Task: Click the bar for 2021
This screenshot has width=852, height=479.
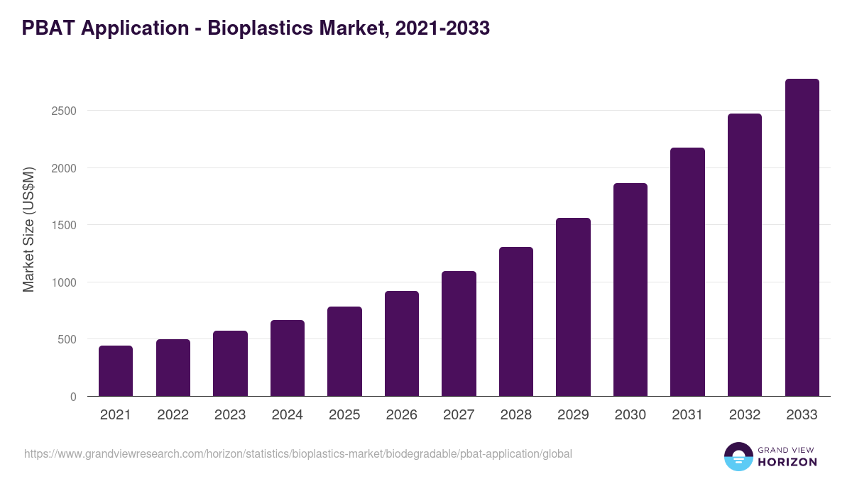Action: [116, 371]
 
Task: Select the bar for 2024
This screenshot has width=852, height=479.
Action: [288, 358]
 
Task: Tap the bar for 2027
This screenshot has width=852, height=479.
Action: [459, 334]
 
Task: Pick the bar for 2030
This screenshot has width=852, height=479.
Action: [630, 290]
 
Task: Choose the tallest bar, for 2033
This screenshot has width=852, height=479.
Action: [802, 238]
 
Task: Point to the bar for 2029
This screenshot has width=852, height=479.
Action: [573, 307]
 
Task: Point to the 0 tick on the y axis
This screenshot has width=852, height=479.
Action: [72, 397]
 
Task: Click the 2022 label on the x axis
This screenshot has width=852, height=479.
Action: [173, 415]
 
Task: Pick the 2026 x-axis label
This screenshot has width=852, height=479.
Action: [402, 415]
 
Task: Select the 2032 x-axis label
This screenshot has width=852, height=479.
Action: [745, 415]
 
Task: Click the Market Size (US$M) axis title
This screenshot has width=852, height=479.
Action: [28, 229]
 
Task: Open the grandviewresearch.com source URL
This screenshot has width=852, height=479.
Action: [297, 453]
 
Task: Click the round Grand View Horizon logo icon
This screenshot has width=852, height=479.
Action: [738, 456]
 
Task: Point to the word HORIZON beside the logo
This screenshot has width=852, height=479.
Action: [787, 462]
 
